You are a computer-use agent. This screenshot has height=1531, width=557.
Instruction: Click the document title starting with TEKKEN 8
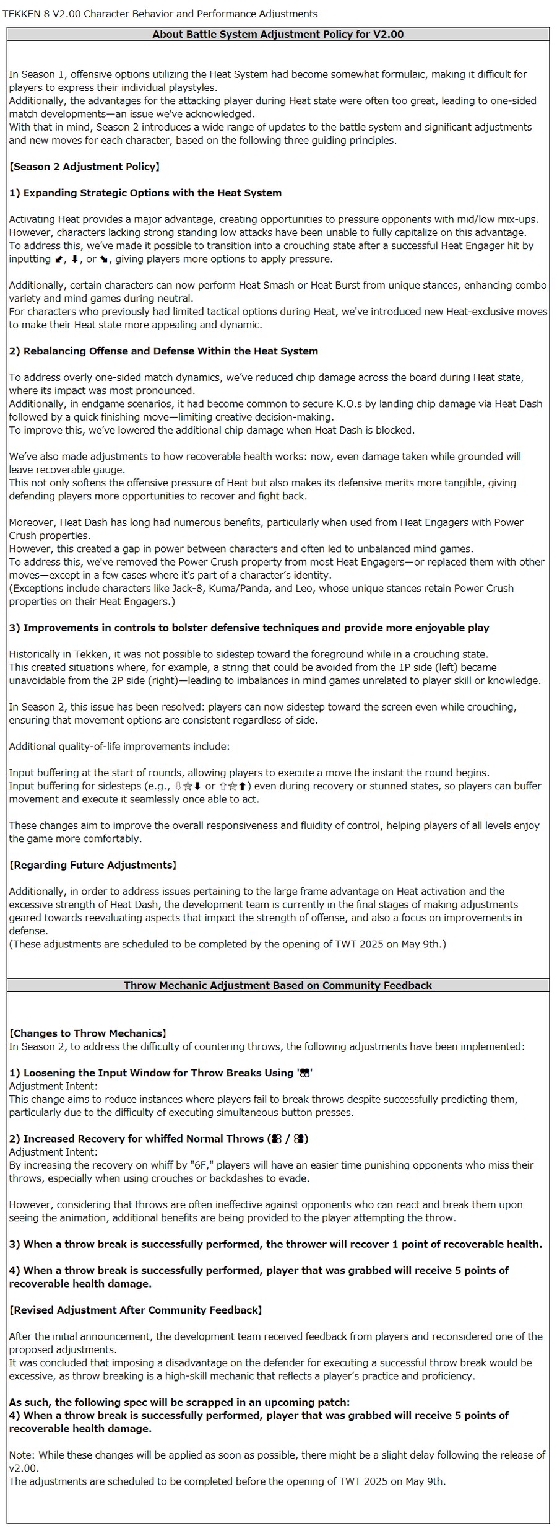coord(160,14)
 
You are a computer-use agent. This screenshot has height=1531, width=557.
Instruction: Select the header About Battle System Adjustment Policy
coord(278,34)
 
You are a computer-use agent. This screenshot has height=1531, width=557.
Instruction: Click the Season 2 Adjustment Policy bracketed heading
coord(84,167)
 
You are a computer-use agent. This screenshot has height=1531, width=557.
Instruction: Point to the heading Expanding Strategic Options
coord(145,193)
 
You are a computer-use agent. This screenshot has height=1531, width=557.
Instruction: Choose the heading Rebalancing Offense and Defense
coord(163,351)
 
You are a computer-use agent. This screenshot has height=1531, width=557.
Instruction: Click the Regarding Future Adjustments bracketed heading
coord(93,865)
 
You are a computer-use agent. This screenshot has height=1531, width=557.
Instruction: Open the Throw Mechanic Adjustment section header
coord(278,985)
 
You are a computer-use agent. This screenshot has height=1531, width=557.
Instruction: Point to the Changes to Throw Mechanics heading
coord(87,1033)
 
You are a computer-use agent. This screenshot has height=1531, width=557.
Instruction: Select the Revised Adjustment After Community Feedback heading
coord(136,1310)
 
